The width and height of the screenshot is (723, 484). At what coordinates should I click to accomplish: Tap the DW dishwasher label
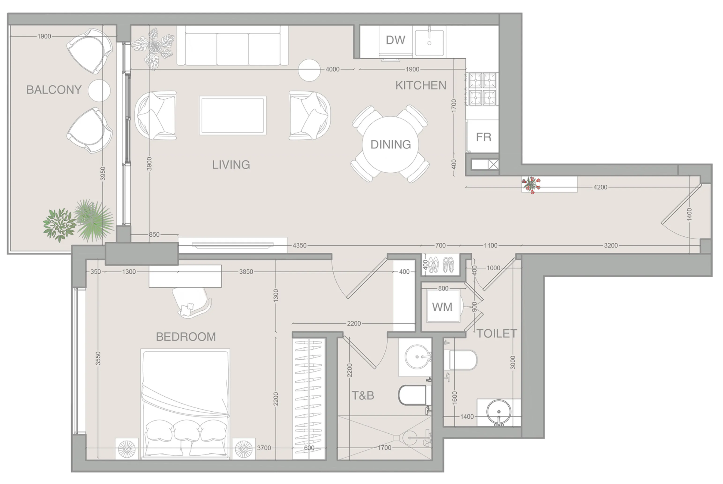(395, 40)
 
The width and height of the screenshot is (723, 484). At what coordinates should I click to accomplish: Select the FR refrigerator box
(483, 137)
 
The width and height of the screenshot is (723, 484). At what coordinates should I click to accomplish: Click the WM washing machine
(442, 307)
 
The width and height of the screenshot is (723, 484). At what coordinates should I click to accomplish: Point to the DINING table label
(391, 145)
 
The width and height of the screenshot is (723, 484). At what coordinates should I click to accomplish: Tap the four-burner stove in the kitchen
(482, 89)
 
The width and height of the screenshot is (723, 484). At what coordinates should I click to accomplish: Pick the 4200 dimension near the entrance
(600, 187)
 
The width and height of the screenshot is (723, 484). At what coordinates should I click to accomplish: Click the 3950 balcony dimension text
(103, 173)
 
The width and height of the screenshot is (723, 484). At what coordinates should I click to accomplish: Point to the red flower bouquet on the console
(531, 185)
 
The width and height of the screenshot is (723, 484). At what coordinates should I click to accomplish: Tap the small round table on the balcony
(99, 90)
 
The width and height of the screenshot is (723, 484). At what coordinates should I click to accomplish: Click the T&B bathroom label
(363, 395)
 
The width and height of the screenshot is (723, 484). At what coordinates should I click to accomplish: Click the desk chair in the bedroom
(192, 303)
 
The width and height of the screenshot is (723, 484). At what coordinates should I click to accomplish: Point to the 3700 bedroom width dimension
(264, 448)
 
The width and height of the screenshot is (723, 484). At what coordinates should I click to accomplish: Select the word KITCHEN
(421, 86)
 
